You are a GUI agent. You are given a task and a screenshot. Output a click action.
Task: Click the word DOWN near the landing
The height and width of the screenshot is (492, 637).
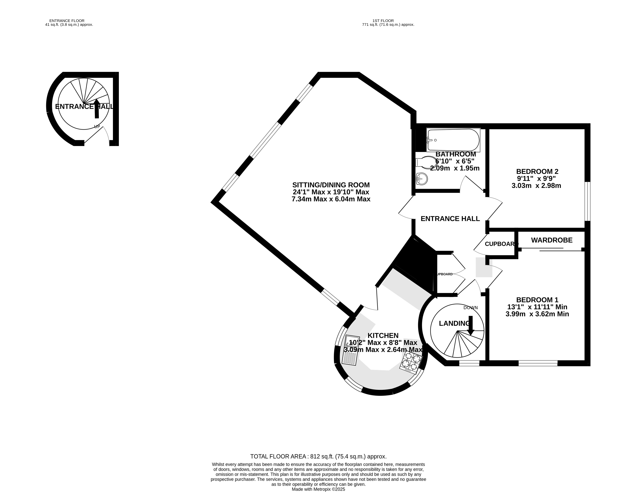pos(470,307)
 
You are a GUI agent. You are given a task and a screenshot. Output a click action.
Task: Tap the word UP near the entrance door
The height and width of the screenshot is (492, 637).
pos(97,127)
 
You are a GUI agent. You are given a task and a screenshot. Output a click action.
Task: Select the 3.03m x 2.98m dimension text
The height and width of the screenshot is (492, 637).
pos(536,185)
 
